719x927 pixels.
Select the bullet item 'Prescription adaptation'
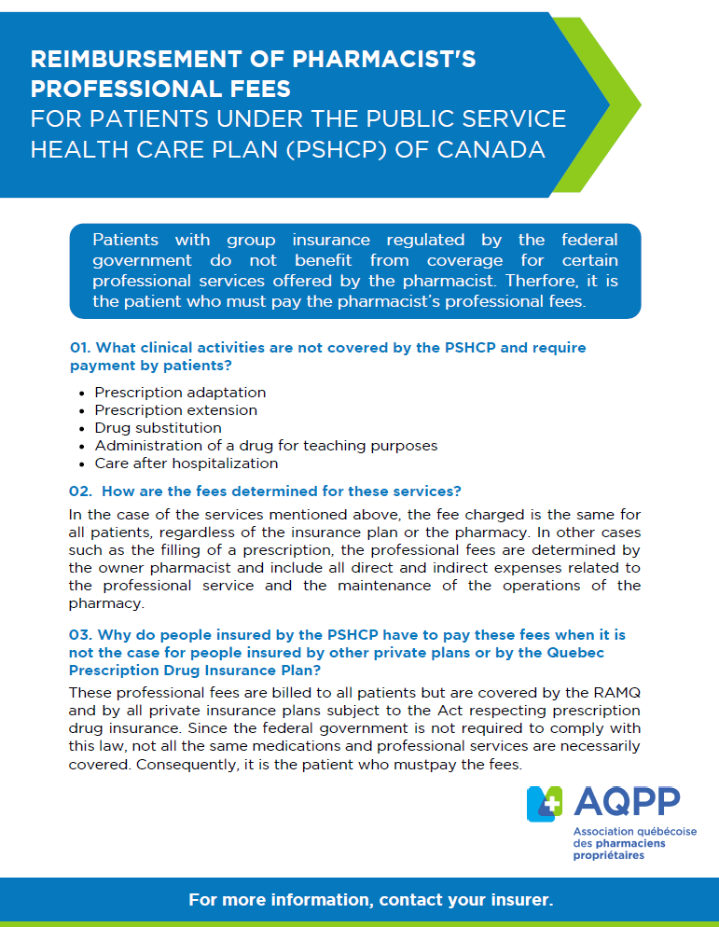180,393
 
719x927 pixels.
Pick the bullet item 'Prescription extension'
175,410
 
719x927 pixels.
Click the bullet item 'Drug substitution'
158,428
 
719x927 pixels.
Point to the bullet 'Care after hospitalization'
187,463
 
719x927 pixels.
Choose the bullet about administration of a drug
266,446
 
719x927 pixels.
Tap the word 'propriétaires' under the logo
608,855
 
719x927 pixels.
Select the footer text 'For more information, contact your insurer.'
371,900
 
